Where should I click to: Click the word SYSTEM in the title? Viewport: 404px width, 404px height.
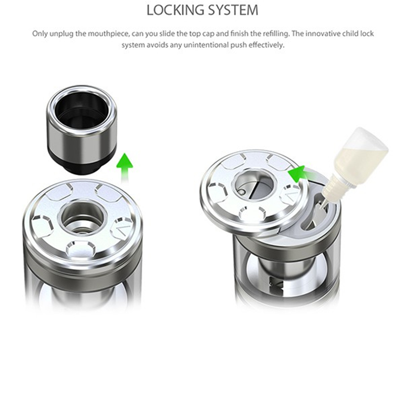pyautogui.click(x=233, y=10)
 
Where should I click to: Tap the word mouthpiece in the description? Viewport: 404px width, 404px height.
pyautogui.click(x=110, y=34)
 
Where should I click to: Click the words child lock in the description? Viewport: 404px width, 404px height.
pyautogui.click(x=358, y=34)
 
